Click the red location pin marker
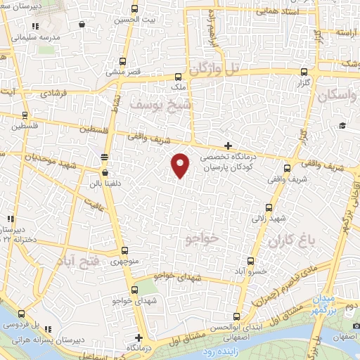181,165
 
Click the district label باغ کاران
289,241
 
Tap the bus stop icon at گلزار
304,72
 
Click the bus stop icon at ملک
181,78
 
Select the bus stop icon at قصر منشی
124,61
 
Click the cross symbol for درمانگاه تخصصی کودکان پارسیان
228,145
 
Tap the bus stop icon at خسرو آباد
257,260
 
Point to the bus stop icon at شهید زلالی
269,207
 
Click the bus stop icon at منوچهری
124,252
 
